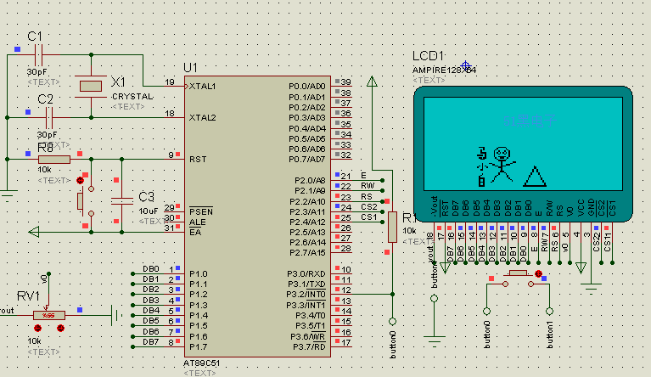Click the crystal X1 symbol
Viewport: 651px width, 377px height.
click(x=90, y=86)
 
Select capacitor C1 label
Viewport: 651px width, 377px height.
click(x=35, y=37)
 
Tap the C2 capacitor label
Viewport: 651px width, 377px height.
click(x=45, y=100)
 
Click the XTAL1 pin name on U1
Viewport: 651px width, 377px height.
click(x=203, y=87)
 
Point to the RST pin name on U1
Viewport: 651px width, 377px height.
click(x=198, y=159)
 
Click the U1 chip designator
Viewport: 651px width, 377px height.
click(x=190, y=67)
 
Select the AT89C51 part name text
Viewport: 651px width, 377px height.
click(x=204, y=363)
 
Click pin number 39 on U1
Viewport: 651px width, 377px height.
click(x=345, y=82)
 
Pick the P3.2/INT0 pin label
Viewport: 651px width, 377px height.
click(x=308, y=294)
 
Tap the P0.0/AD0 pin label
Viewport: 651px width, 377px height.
click(x=306, y=87)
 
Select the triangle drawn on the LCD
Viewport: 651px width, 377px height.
click(x=535, y=176)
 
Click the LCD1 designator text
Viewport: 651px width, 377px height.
click(x=429, y=56)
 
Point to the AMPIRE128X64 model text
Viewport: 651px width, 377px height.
click(x=444, y=69)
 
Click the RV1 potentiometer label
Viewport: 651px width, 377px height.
click(x=29, y=295)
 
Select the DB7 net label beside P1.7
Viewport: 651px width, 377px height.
click(x=150, y=341)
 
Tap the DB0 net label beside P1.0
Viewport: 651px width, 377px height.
click(x=150, y=268)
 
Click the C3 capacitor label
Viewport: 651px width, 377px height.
click(x=146, y=197)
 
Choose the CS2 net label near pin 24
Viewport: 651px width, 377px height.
click(x=368, y=206)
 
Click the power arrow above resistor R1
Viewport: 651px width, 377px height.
click(x=371, y=82)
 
